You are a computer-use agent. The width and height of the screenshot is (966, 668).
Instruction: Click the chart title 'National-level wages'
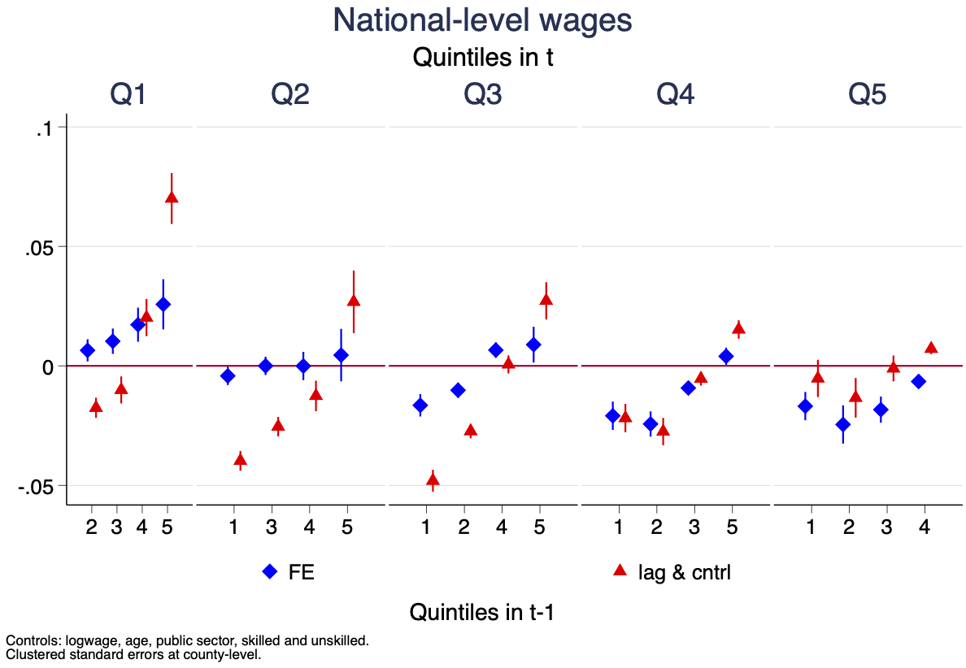pyautogui.click(x=482, y=21)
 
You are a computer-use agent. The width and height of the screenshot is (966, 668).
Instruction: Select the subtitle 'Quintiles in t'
pyautogui.click(x=482, y=58)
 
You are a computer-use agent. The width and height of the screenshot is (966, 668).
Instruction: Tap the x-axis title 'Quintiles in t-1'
pyautogui.click(x=482, y=612)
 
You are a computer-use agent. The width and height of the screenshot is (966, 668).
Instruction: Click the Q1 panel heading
pyautogui.click(x=128, y=95)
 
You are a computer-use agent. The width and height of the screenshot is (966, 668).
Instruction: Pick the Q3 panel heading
pyautogui.click(x=482, y=95)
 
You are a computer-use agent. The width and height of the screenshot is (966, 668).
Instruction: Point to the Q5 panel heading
pyautogui.click(x=868, y=95)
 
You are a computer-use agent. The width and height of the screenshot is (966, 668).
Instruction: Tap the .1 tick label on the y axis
pyautogui.click(x=44, y=128)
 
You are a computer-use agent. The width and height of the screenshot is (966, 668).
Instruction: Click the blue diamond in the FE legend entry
pyautogui.click(x=270, y=571)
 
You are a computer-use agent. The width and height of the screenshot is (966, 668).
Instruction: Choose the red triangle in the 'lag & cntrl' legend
pyautogui.click(x=619, y=570)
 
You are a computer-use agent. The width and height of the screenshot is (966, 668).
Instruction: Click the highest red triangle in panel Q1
pyautogui.click(x=172, y=197)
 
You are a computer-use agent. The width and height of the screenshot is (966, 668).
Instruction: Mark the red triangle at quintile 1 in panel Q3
pyautogui.click(x=433, y=479)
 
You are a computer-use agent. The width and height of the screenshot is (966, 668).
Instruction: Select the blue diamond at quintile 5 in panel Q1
pyautogui.click(x=163, y=304)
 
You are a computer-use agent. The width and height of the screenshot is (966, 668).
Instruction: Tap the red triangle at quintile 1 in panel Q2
pyautogui.click(x=240, y=460)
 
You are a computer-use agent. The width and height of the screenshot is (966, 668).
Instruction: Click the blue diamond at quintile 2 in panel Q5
pyautogui.click(x=843, y=424)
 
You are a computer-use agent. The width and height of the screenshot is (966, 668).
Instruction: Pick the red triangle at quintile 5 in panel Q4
pyautogui.click(x=738, y=328)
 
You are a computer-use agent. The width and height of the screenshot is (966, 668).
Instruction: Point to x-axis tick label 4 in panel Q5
pyautogui.click(x=925, y=527)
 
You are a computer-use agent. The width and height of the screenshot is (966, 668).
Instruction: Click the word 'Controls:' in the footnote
pyautogui.click(x=29, y=641)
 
